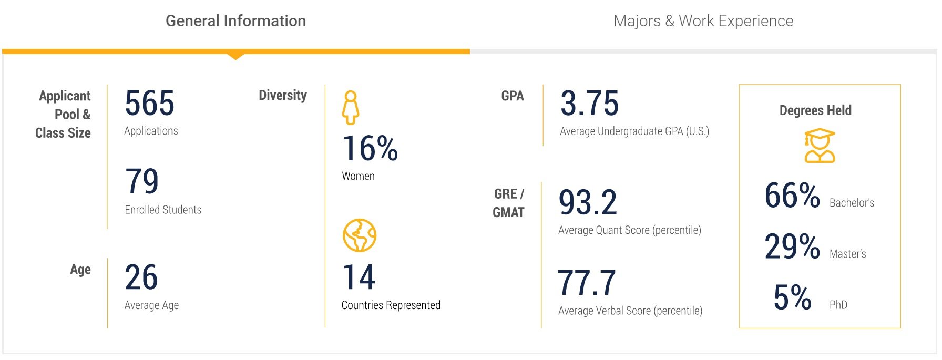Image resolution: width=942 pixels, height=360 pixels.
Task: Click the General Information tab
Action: click(236, 21)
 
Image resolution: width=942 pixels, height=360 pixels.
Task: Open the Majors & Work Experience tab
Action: click(703, 21)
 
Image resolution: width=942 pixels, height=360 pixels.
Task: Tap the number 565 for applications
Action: click(149, 103)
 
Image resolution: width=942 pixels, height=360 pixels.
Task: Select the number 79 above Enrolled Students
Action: click(141, 181)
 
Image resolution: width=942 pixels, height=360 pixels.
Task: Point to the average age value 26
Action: click(141, 277)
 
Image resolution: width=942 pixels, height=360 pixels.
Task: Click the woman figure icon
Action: click(351, 108)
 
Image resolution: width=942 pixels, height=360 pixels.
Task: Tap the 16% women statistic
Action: click(370, 148)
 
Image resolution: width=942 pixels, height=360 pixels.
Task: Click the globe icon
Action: click(360, 235)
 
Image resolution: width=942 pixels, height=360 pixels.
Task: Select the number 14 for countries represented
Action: click(359, 277)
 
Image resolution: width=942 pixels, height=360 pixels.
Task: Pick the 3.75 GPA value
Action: click(589, 103)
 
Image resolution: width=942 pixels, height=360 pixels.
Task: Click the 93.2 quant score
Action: click(588, 203)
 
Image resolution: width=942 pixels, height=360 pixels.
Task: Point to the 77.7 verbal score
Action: click(587, 283)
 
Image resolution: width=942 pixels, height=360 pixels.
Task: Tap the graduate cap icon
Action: click(820, 146)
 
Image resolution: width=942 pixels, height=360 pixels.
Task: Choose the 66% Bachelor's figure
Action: click(792, 196)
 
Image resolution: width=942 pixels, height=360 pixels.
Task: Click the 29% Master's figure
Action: click(792, 246)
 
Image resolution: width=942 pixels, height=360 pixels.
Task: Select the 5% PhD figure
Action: click(792, 297)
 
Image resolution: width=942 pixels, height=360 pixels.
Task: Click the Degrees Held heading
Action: click(815, 110)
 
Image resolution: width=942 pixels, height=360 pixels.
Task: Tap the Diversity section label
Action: click(283, 96)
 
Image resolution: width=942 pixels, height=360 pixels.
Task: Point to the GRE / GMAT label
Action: click(508, 203)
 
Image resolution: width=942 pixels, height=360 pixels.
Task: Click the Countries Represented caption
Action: click(391, 305)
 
